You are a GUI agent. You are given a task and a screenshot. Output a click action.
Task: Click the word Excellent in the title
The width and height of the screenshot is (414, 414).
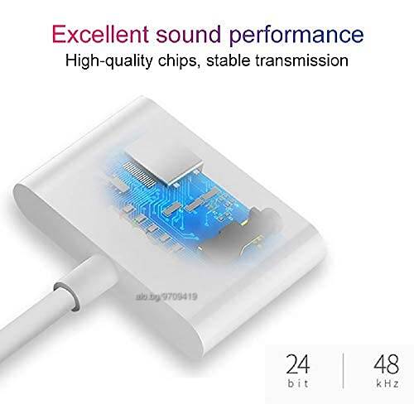coord(100,34)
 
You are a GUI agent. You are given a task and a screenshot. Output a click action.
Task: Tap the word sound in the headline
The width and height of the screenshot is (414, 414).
coord(189,34)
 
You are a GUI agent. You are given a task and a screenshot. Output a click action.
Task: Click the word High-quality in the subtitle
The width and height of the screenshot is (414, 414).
coord(108,61)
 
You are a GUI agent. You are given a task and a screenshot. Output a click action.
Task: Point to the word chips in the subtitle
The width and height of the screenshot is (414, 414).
coord(180,61)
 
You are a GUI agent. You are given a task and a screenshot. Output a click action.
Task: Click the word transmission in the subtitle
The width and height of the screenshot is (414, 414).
coord(301,60)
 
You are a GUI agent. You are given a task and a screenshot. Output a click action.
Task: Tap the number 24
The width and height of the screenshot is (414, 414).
coord(298,363)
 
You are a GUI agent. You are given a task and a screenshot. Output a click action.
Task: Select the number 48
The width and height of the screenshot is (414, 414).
coord(387,363)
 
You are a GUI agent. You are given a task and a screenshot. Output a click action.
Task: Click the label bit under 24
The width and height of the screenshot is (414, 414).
coord(298,383)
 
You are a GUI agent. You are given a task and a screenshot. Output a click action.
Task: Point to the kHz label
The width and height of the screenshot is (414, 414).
coord(388,383)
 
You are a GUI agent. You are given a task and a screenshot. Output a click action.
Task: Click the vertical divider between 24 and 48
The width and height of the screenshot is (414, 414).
coord(344,371)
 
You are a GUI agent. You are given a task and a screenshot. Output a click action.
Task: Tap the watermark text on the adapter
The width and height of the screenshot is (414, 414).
coord(166,297)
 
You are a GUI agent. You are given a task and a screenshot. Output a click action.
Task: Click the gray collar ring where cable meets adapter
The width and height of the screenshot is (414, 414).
coord(65,296)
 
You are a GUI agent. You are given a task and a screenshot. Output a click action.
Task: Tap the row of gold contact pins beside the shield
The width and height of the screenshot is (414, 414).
coord(139,173)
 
